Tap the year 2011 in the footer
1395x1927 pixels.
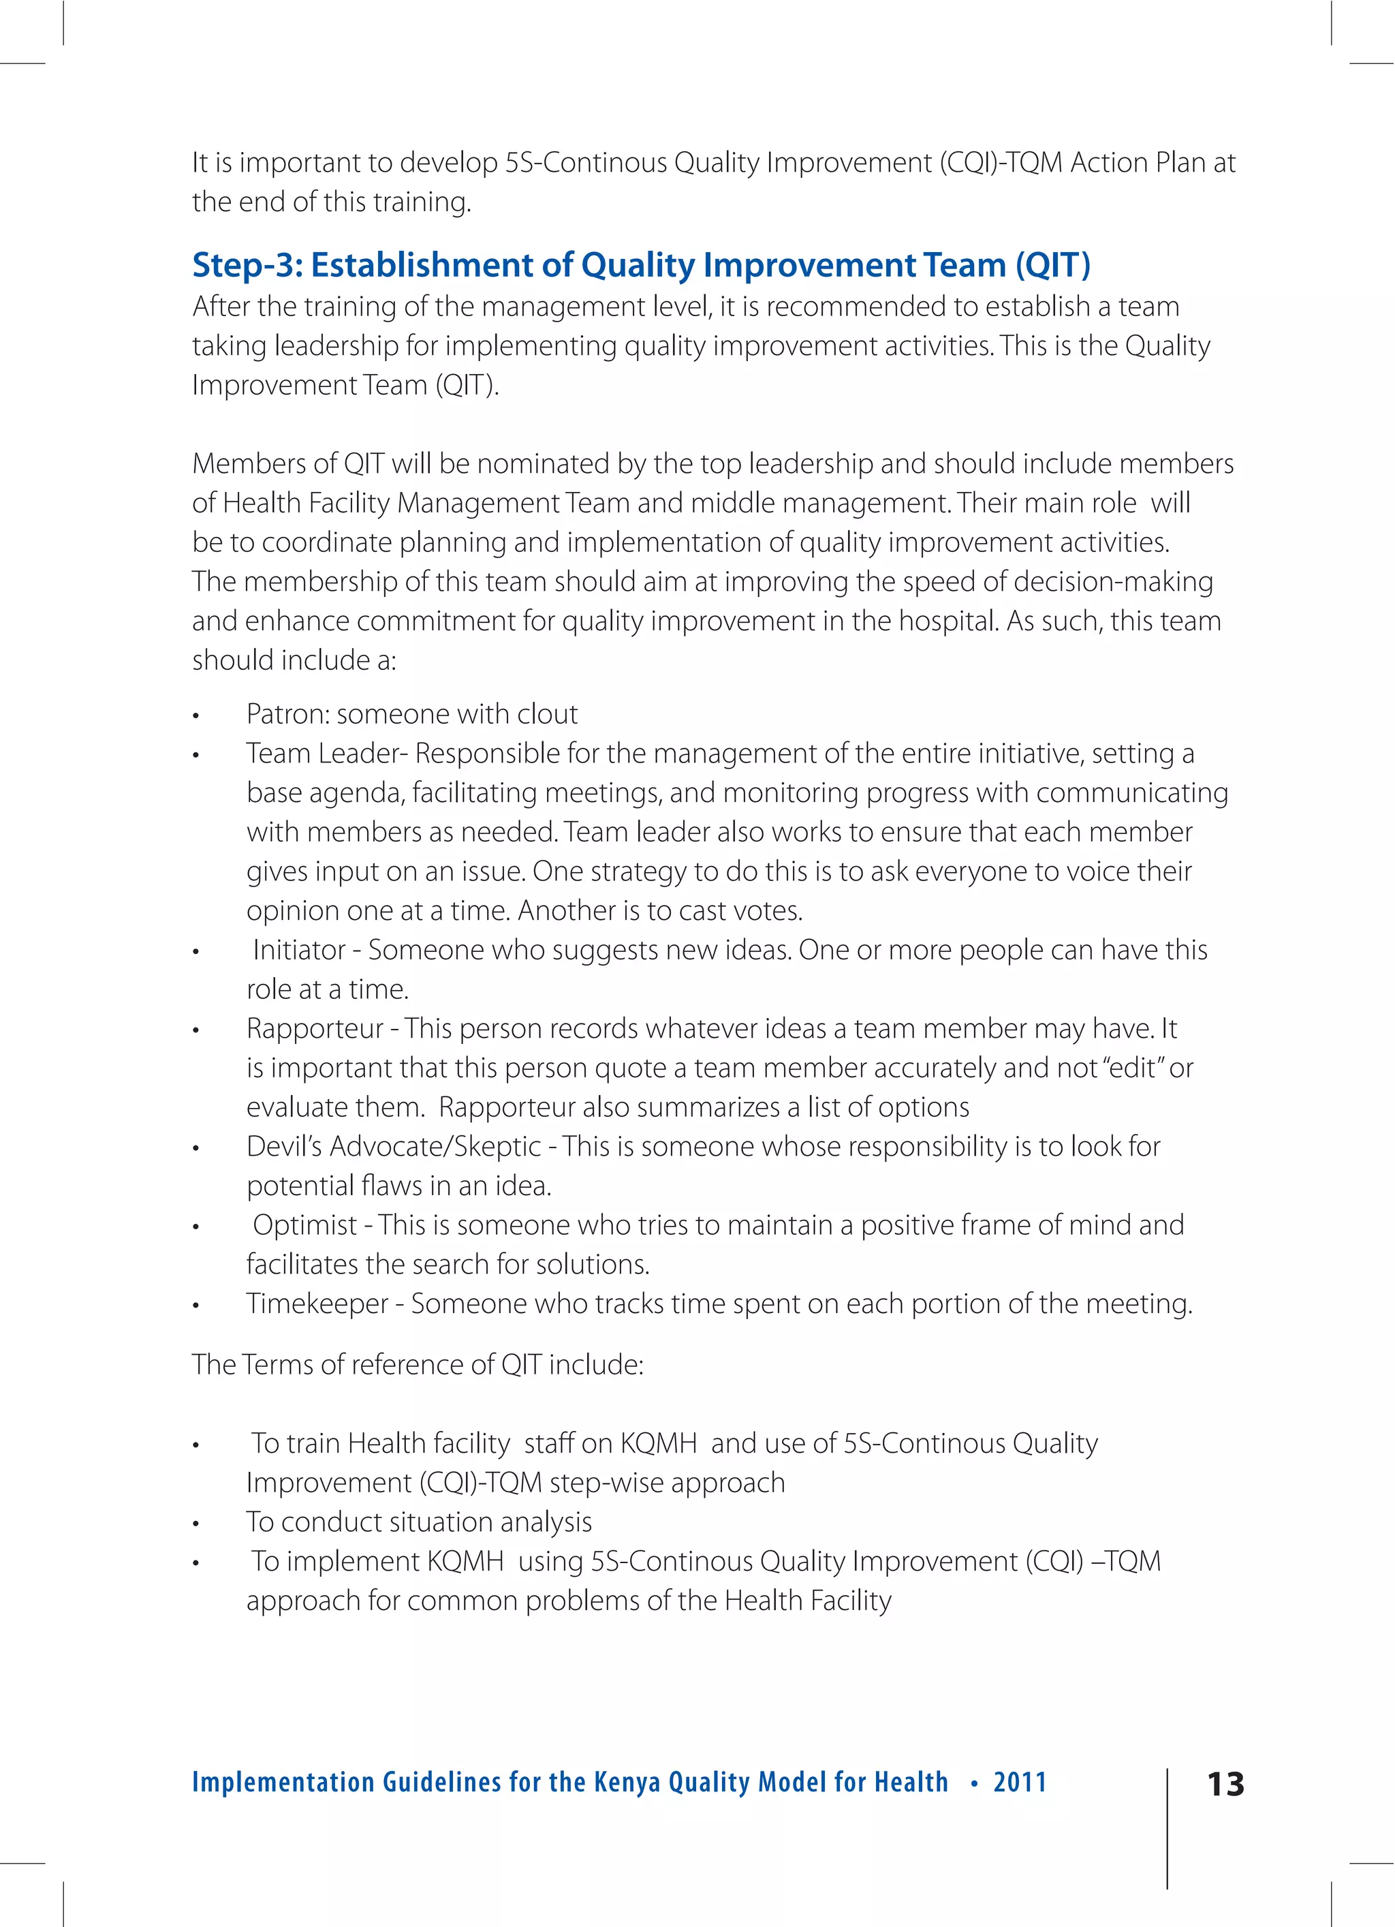click(x=1020, y=1782)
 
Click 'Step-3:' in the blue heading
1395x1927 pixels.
click(x=247, y=265)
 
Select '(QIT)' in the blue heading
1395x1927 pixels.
click(x=1052, y=265)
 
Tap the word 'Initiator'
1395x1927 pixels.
click(x=299, y=950)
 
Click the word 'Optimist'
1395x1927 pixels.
click(x=304, y=1225)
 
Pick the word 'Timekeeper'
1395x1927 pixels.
click(x=317, y=1304)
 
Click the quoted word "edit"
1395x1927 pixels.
click(x=1133, y=1068)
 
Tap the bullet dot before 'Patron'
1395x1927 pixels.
click(x=195, y=717)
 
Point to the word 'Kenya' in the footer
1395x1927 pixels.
click(x=626, y=1782)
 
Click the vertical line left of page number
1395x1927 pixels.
click(x=1167, y=1827)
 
